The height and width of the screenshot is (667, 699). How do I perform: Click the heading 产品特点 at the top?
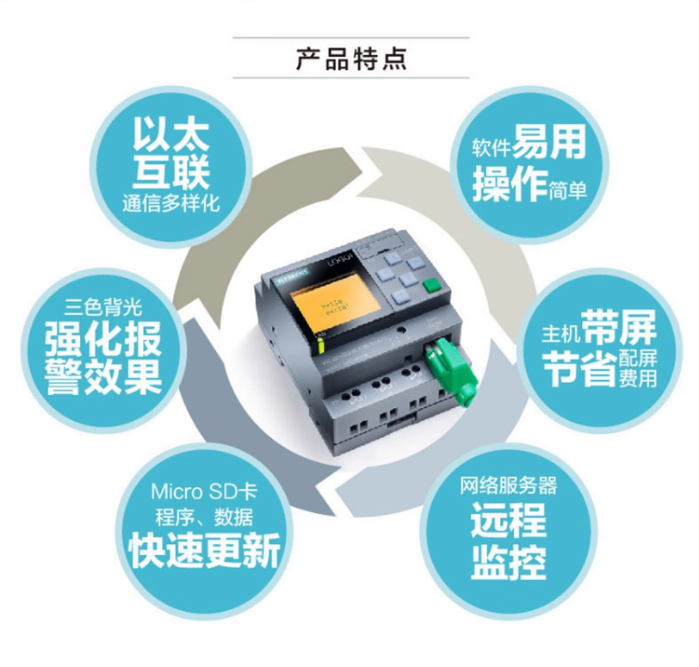[350, 59]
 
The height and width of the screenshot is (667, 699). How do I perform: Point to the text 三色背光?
[102, 306]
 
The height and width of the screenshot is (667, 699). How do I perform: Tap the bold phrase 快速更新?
[204, 551]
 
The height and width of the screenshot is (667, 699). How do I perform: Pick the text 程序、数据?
[204, 518]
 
